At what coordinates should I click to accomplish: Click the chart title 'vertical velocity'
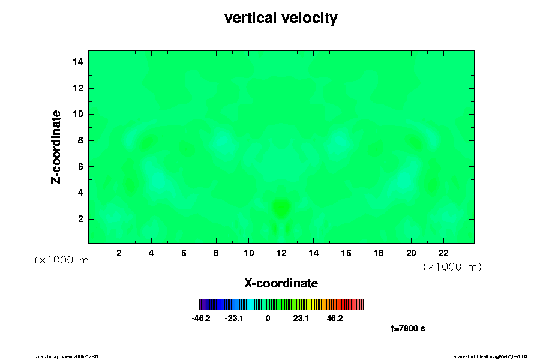click(281, 18)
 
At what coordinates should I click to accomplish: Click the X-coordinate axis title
click(281, 283)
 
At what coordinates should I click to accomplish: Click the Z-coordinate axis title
click(56, 146)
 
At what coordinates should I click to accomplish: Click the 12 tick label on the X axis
click(281, 253)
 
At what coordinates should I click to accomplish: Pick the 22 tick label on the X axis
click(443, 253)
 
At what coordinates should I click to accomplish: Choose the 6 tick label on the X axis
click(184, 253)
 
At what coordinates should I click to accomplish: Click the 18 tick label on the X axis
click(379, 253)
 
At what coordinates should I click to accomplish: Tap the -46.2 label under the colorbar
click(200, 318)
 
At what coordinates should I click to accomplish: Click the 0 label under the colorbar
click(268, 318)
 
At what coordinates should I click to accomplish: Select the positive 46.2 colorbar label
click(335, 318)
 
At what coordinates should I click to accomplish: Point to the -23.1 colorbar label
click(233, 318)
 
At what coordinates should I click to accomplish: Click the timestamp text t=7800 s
click(408, 328)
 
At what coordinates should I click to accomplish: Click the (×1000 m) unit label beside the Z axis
click(64, 260)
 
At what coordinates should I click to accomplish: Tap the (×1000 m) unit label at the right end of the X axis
click(452, 266)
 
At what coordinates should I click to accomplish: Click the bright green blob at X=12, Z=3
click(281, 208)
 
